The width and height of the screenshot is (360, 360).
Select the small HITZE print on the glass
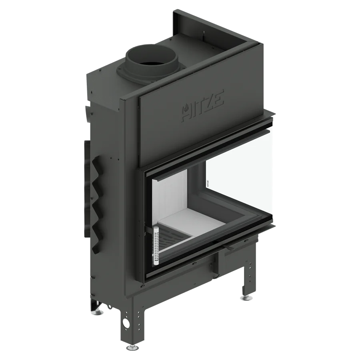208,184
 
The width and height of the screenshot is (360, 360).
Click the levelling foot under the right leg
248,298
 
